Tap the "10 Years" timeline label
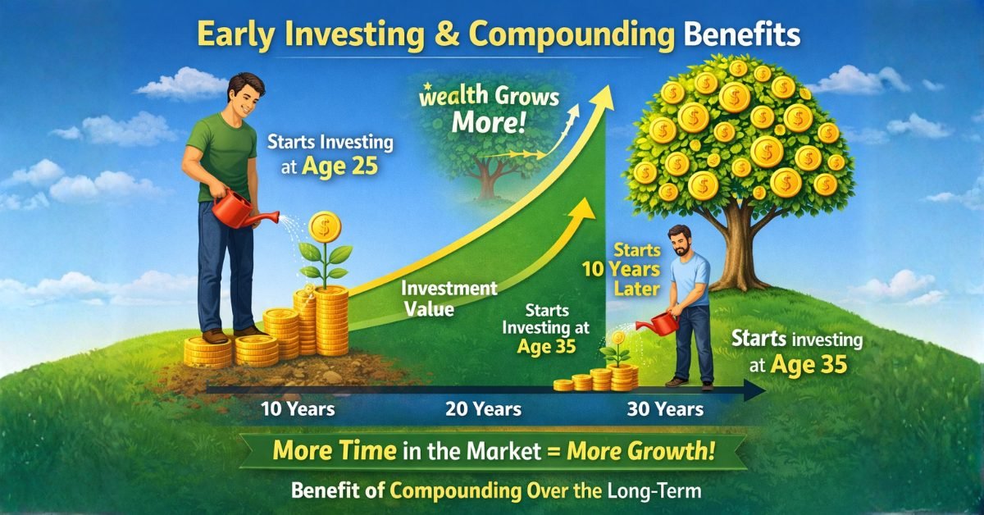click(x=297, y=408)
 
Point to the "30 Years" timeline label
click(x=664, y=408)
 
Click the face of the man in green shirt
click(x=244, y=96)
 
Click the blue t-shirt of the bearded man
click(x=687, y=279)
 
